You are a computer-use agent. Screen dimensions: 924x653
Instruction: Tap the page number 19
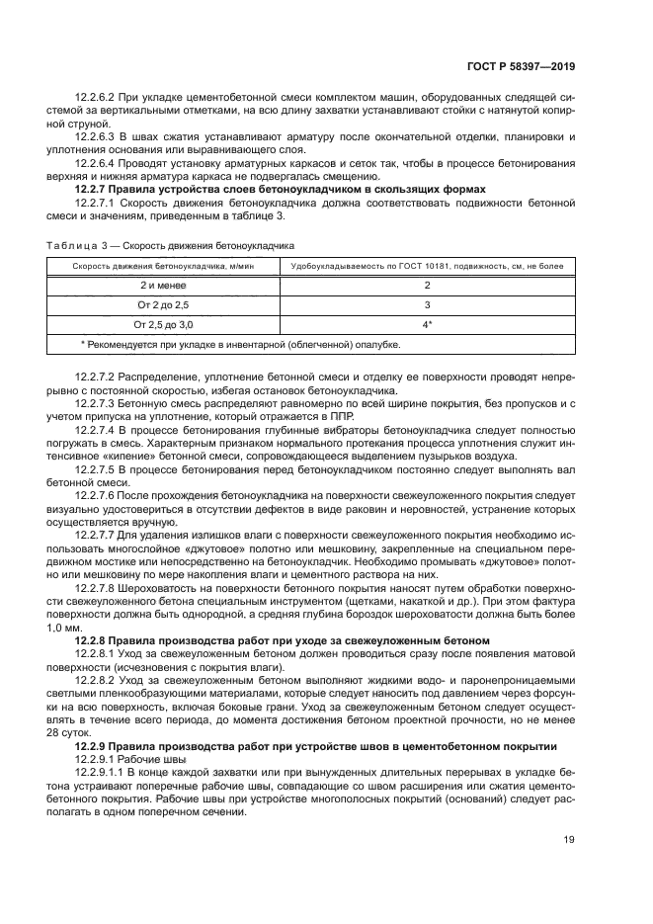click(x=569, y=841)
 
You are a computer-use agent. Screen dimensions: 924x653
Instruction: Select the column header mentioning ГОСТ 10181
click(x=426, y=266)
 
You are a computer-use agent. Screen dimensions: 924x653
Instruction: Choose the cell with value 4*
click(x=427, y=324)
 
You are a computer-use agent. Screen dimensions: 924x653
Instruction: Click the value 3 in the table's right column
click(x=427, y=304)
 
